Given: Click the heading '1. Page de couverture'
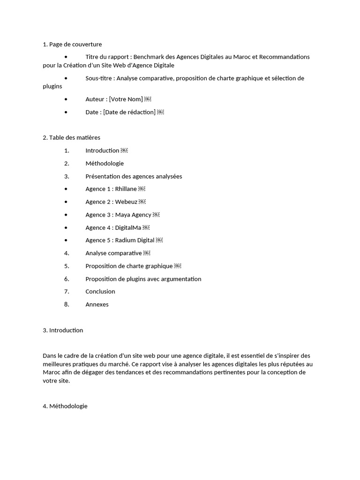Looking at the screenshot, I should click(72, 45).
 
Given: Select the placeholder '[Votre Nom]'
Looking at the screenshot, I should click(126, 99).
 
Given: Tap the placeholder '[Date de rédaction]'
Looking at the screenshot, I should click(129, 112).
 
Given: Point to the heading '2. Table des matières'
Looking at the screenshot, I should click(71, 137).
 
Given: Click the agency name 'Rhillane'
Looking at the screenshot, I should click(126, 189).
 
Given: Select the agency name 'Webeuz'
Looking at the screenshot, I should click(126, 202).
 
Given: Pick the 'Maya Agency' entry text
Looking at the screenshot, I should click(133, 215).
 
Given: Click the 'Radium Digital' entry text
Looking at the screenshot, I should click(135, 240).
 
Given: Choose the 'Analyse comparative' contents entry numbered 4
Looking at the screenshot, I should click(113, 253).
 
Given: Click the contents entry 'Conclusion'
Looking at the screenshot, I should click(100, 292).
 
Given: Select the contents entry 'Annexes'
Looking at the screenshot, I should click(97, 304).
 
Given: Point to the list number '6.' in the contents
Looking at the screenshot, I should click(67, 279).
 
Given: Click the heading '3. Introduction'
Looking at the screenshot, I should click(63, 330).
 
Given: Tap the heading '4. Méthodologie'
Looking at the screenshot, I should click(65, 406).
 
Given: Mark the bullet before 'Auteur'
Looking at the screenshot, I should click(66, 99).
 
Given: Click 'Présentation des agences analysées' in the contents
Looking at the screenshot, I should click(134, 176).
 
